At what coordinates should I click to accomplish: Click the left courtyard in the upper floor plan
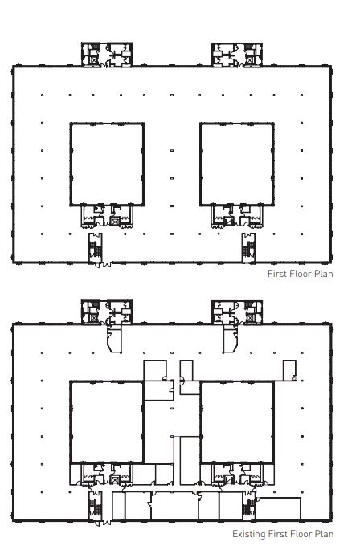tap(107, 165)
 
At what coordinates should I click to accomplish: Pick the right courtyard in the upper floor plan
tap(237, 165)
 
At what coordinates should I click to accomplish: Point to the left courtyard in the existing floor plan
tap(107, 422)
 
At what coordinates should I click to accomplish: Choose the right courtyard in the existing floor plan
tap(237, 422)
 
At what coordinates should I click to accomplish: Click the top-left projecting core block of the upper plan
tap(107, 55)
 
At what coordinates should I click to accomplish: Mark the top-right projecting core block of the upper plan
tap(237, 55)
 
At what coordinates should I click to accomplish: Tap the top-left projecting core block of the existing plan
tap(107, 312)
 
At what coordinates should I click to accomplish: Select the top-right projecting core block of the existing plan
tap(237, 312)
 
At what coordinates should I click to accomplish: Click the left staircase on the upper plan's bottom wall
tap(95, 248)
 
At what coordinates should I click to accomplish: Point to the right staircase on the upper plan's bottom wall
tap(248, 248)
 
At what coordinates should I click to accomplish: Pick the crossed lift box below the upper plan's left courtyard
tap(115, 222)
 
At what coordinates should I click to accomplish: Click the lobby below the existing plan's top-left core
tap(114, 339)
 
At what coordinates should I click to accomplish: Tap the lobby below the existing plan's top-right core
tap(230, 339)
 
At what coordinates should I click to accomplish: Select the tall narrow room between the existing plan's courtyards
tap(190, 461)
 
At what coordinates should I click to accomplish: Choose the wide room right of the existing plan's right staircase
tap(278, 509)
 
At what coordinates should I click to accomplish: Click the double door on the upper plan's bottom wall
tap(106, 264)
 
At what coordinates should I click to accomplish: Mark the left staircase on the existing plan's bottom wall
tap(95, 506)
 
